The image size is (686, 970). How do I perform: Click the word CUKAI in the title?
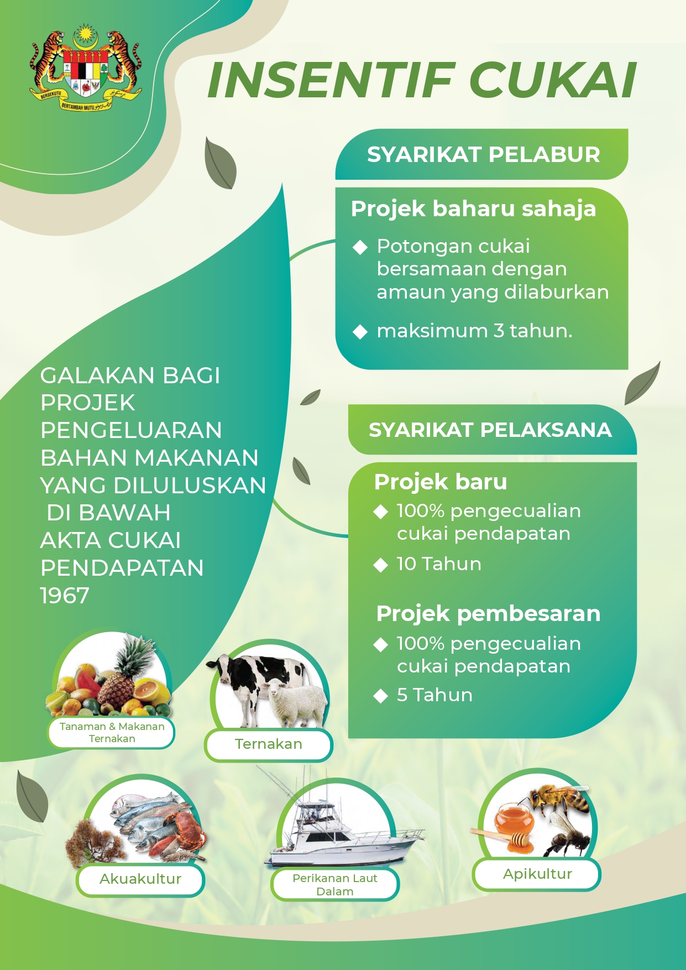553,80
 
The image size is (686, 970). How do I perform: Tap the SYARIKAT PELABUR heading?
483,155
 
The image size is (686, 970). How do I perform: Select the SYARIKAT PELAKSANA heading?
490,430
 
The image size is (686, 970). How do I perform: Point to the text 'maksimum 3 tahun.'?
474,331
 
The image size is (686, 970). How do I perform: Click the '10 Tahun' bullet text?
439,564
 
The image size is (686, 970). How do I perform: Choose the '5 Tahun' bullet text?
434,695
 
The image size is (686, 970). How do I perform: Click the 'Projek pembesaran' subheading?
488,614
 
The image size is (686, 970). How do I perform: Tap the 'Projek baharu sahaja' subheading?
473,209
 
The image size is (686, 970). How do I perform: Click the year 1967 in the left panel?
65,596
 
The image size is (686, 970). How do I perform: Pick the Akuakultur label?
140,879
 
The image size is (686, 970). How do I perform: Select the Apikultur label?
537,874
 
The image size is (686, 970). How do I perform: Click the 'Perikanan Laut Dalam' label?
335,885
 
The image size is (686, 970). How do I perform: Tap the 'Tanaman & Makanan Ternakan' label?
112,733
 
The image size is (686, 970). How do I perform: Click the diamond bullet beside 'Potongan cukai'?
360,247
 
